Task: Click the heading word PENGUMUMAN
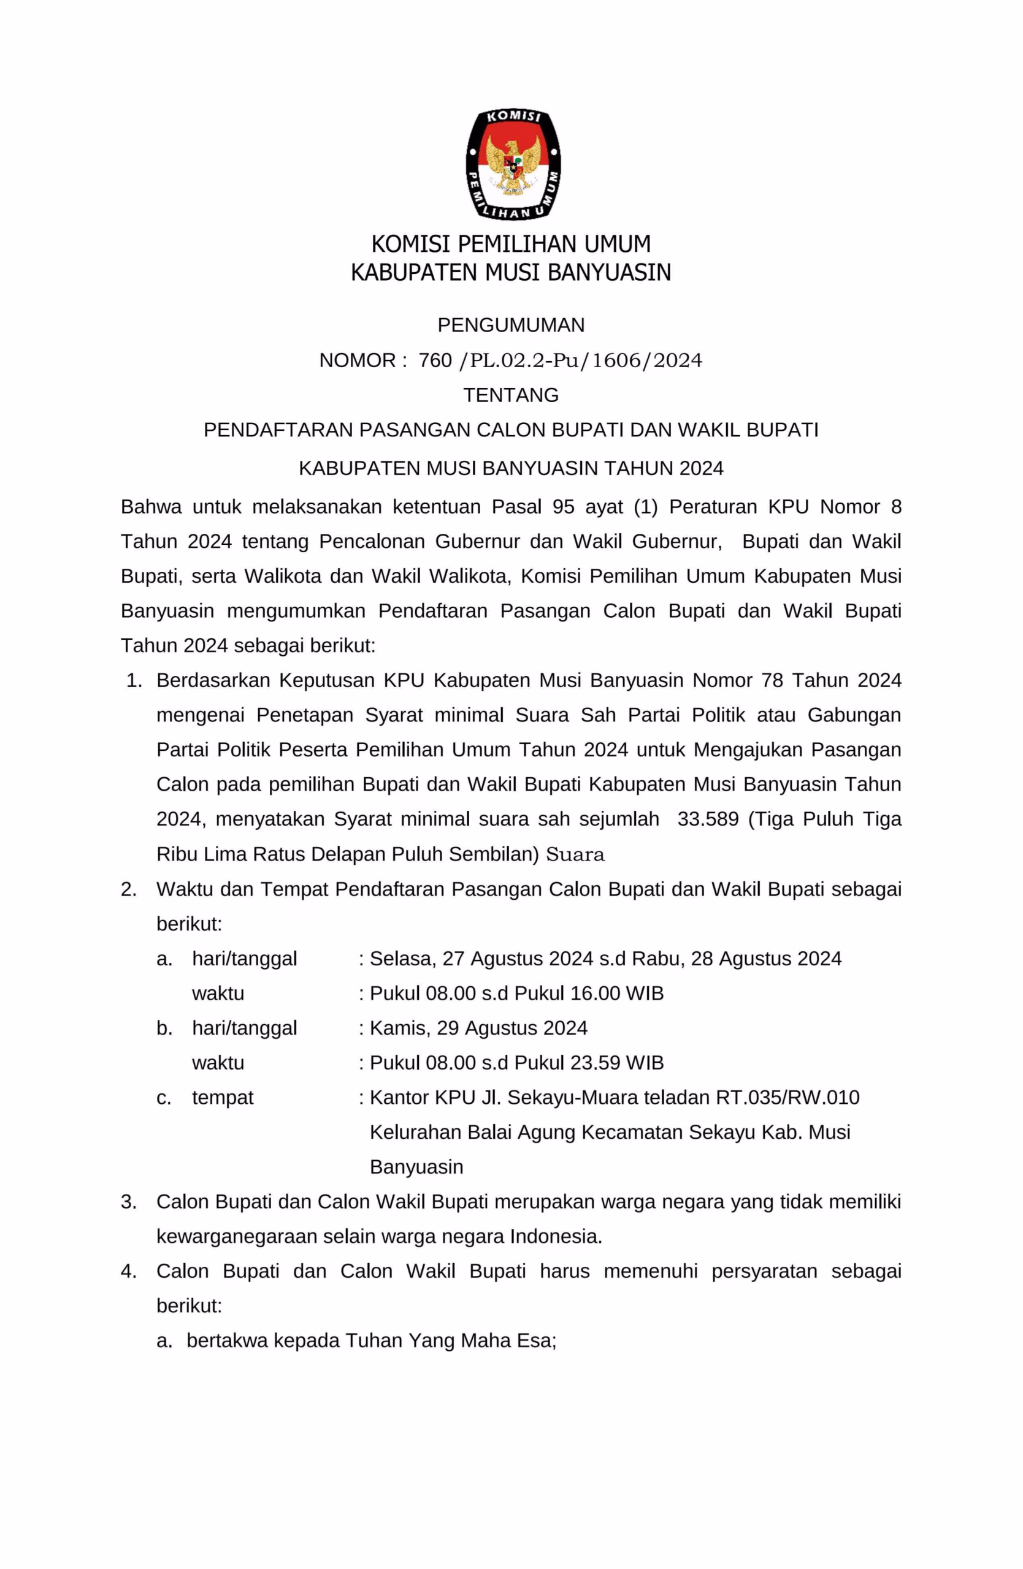[511, 325]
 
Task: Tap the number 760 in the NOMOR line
[435, 360]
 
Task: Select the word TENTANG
[511, 395]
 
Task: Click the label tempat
[223, 1098]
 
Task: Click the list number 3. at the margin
[129, 1202]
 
